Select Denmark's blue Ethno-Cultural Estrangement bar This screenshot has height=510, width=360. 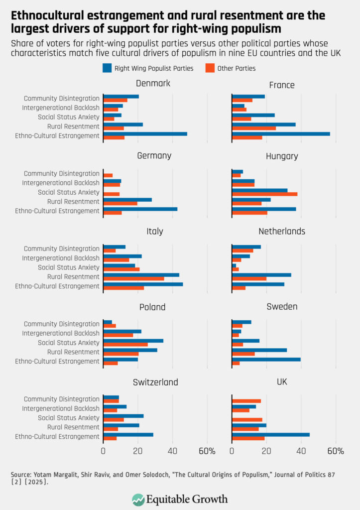(x=145, y=133)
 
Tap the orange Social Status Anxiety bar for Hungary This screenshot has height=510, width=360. (x=264, y=194)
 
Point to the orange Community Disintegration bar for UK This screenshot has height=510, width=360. (x=246, y=401)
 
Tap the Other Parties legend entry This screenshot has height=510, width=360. (x=232, y=68)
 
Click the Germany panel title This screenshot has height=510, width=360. (x=154, y=156)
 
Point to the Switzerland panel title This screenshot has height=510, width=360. (x=155, y=382)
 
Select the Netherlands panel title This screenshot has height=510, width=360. (x=282, y=231)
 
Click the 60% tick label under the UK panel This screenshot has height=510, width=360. (x=336, y=451)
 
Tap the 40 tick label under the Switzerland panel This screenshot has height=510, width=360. (x=172, y=451)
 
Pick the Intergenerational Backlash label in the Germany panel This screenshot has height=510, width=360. (x=61, y=183)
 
